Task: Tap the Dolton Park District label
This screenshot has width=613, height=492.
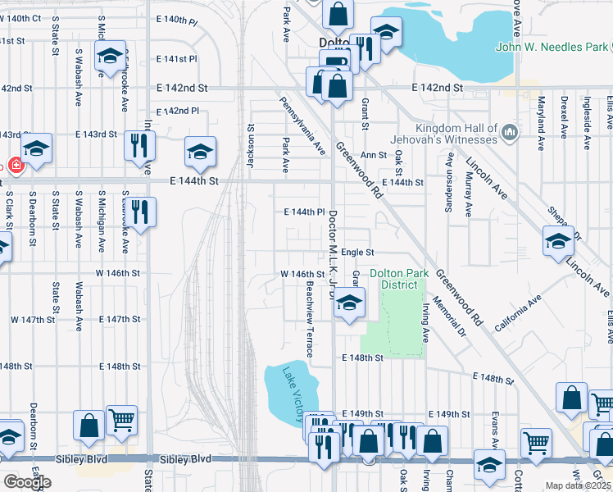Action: coord(393,279)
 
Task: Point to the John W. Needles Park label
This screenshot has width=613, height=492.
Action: coord(552,48)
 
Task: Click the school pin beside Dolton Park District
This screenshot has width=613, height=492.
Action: coord(349,303)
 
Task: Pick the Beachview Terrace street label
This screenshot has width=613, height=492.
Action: coord(310,321)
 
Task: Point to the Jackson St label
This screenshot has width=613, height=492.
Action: coord(252,146)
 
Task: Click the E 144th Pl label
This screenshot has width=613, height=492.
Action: coord(305,212)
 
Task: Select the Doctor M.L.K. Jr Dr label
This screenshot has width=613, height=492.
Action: coord(333,255)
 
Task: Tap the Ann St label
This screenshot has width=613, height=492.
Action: coord(373,154)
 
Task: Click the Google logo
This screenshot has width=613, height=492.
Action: coord(27,482)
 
